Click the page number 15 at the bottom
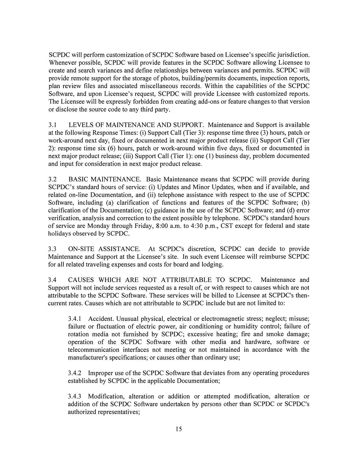(179, 429)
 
